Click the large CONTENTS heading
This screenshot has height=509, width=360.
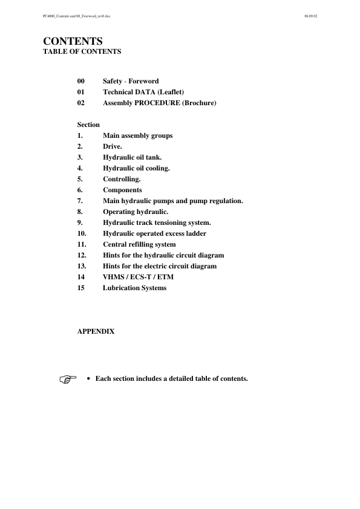tap(73, 41)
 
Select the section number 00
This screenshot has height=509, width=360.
tap(81, 81)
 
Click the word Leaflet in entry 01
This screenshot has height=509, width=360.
tap(170, 92)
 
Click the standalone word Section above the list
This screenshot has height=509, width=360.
tap(88, 125)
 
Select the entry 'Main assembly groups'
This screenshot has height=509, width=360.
tap(137, 135)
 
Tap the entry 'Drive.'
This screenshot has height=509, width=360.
tap(113, 146)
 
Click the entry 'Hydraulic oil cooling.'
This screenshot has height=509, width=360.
tap(136, 168)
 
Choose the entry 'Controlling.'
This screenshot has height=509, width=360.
tap(122, 179)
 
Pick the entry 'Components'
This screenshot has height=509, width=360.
tap(122, 190)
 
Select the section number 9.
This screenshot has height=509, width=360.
tap(80, 222)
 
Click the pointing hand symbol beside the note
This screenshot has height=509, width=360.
tap(69, 380)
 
